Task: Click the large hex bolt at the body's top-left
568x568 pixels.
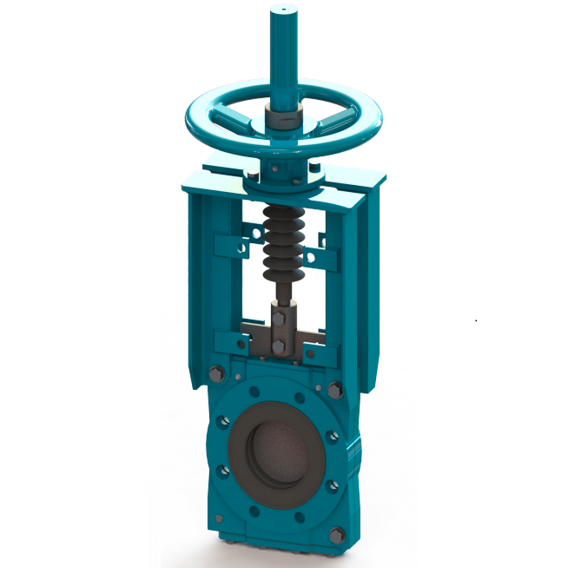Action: coord(216,375)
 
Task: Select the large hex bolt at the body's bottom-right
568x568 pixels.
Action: coord(336,534)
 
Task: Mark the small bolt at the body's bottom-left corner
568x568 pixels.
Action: coord(218,518)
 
